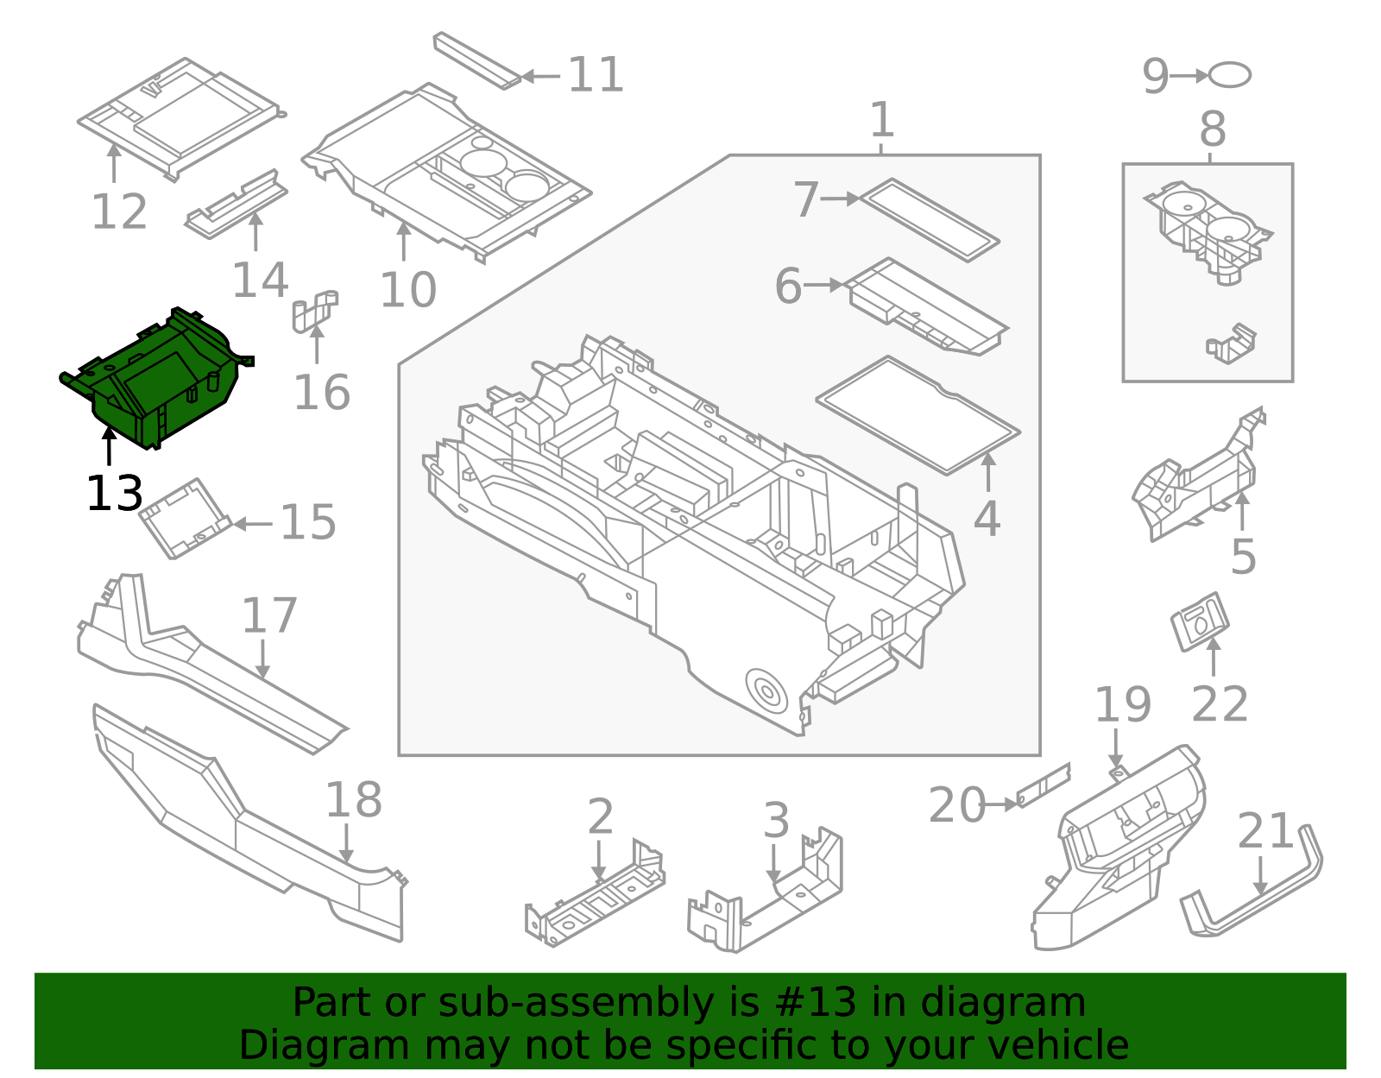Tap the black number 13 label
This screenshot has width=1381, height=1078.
coord(114,495)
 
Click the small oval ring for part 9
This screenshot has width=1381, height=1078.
coord(1229,75)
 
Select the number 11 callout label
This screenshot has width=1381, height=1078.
coord(596,75)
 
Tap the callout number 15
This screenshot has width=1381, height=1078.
coord(308,523)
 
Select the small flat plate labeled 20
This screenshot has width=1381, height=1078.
coord(1044,785)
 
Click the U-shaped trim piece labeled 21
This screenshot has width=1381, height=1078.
coord(1252,889)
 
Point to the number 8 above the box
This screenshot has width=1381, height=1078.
coord(1212,131)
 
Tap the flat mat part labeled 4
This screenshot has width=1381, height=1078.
coord(917,415)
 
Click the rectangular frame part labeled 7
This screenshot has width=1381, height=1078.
coord(930,219)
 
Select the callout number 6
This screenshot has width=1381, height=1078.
coord(788,287)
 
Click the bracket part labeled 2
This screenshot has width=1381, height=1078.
coord(596,898)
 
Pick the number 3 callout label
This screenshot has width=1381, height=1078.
coord(776,821)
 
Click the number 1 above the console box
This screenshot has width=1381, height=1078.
coord(881,120)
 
